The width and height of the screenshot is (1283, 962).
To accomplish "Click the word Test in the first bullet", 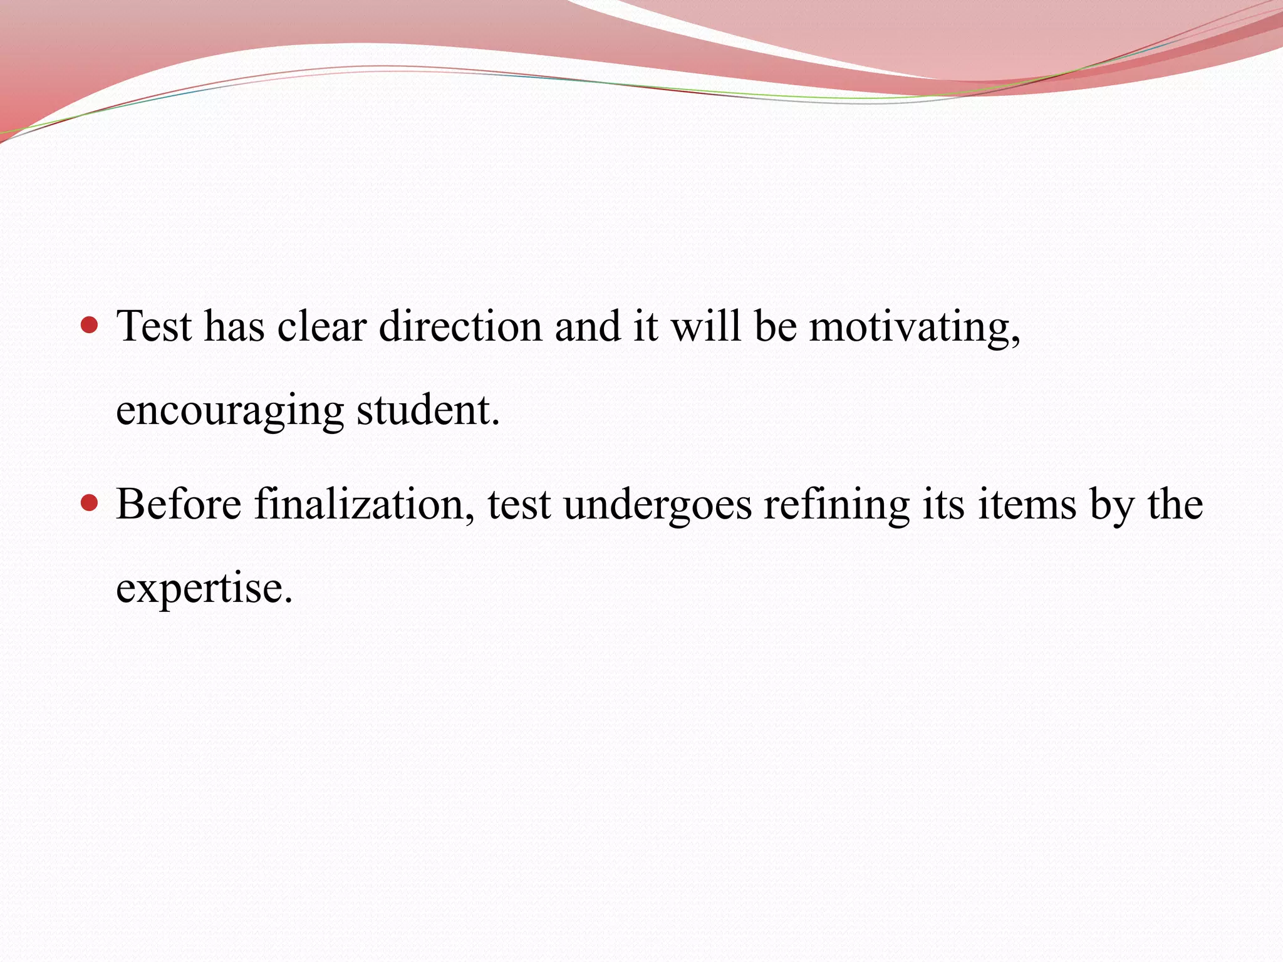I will point(154,326).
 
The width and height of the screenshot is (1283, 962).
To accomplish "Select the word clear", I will point(321,326).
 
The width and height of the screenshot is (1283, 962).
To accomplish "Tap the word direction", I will point(460,326).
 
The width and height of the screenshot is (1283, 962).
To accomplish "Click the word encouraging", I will point(230,412).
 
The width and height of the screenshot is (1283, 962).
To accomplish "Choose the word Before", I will point(179,504).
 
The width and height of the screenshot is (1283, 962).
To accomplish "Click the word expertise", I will point(204,589).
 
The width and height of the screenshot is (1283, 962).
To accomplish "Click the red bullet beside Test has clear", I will point(90,324).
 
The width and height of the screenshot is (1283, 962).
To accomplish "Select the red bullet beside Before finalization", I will point(90,502).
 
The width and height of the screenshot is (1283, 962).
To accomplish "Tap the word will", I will point(706,326).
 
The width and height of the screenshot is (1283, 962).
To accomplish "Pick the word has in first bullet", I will point(234,326).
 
